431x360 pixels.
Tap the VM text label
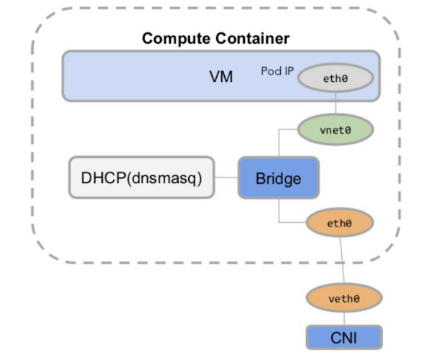[221, 76]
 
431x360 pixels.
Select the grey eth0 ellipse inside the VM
[335, 78]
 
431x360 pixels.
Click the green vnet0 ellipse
[335, 130]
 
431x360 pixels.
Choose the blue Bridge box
[278, 177]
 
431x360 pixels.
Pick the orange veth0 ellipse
[343, 297]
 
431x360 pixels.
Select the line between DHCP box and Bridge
[227, 177]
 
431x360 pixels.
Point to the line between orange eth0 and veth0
[341, 260]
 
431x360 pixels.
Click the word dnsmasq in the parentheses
[172, 177]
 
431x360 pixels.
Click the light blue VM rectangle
[144, 76]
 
